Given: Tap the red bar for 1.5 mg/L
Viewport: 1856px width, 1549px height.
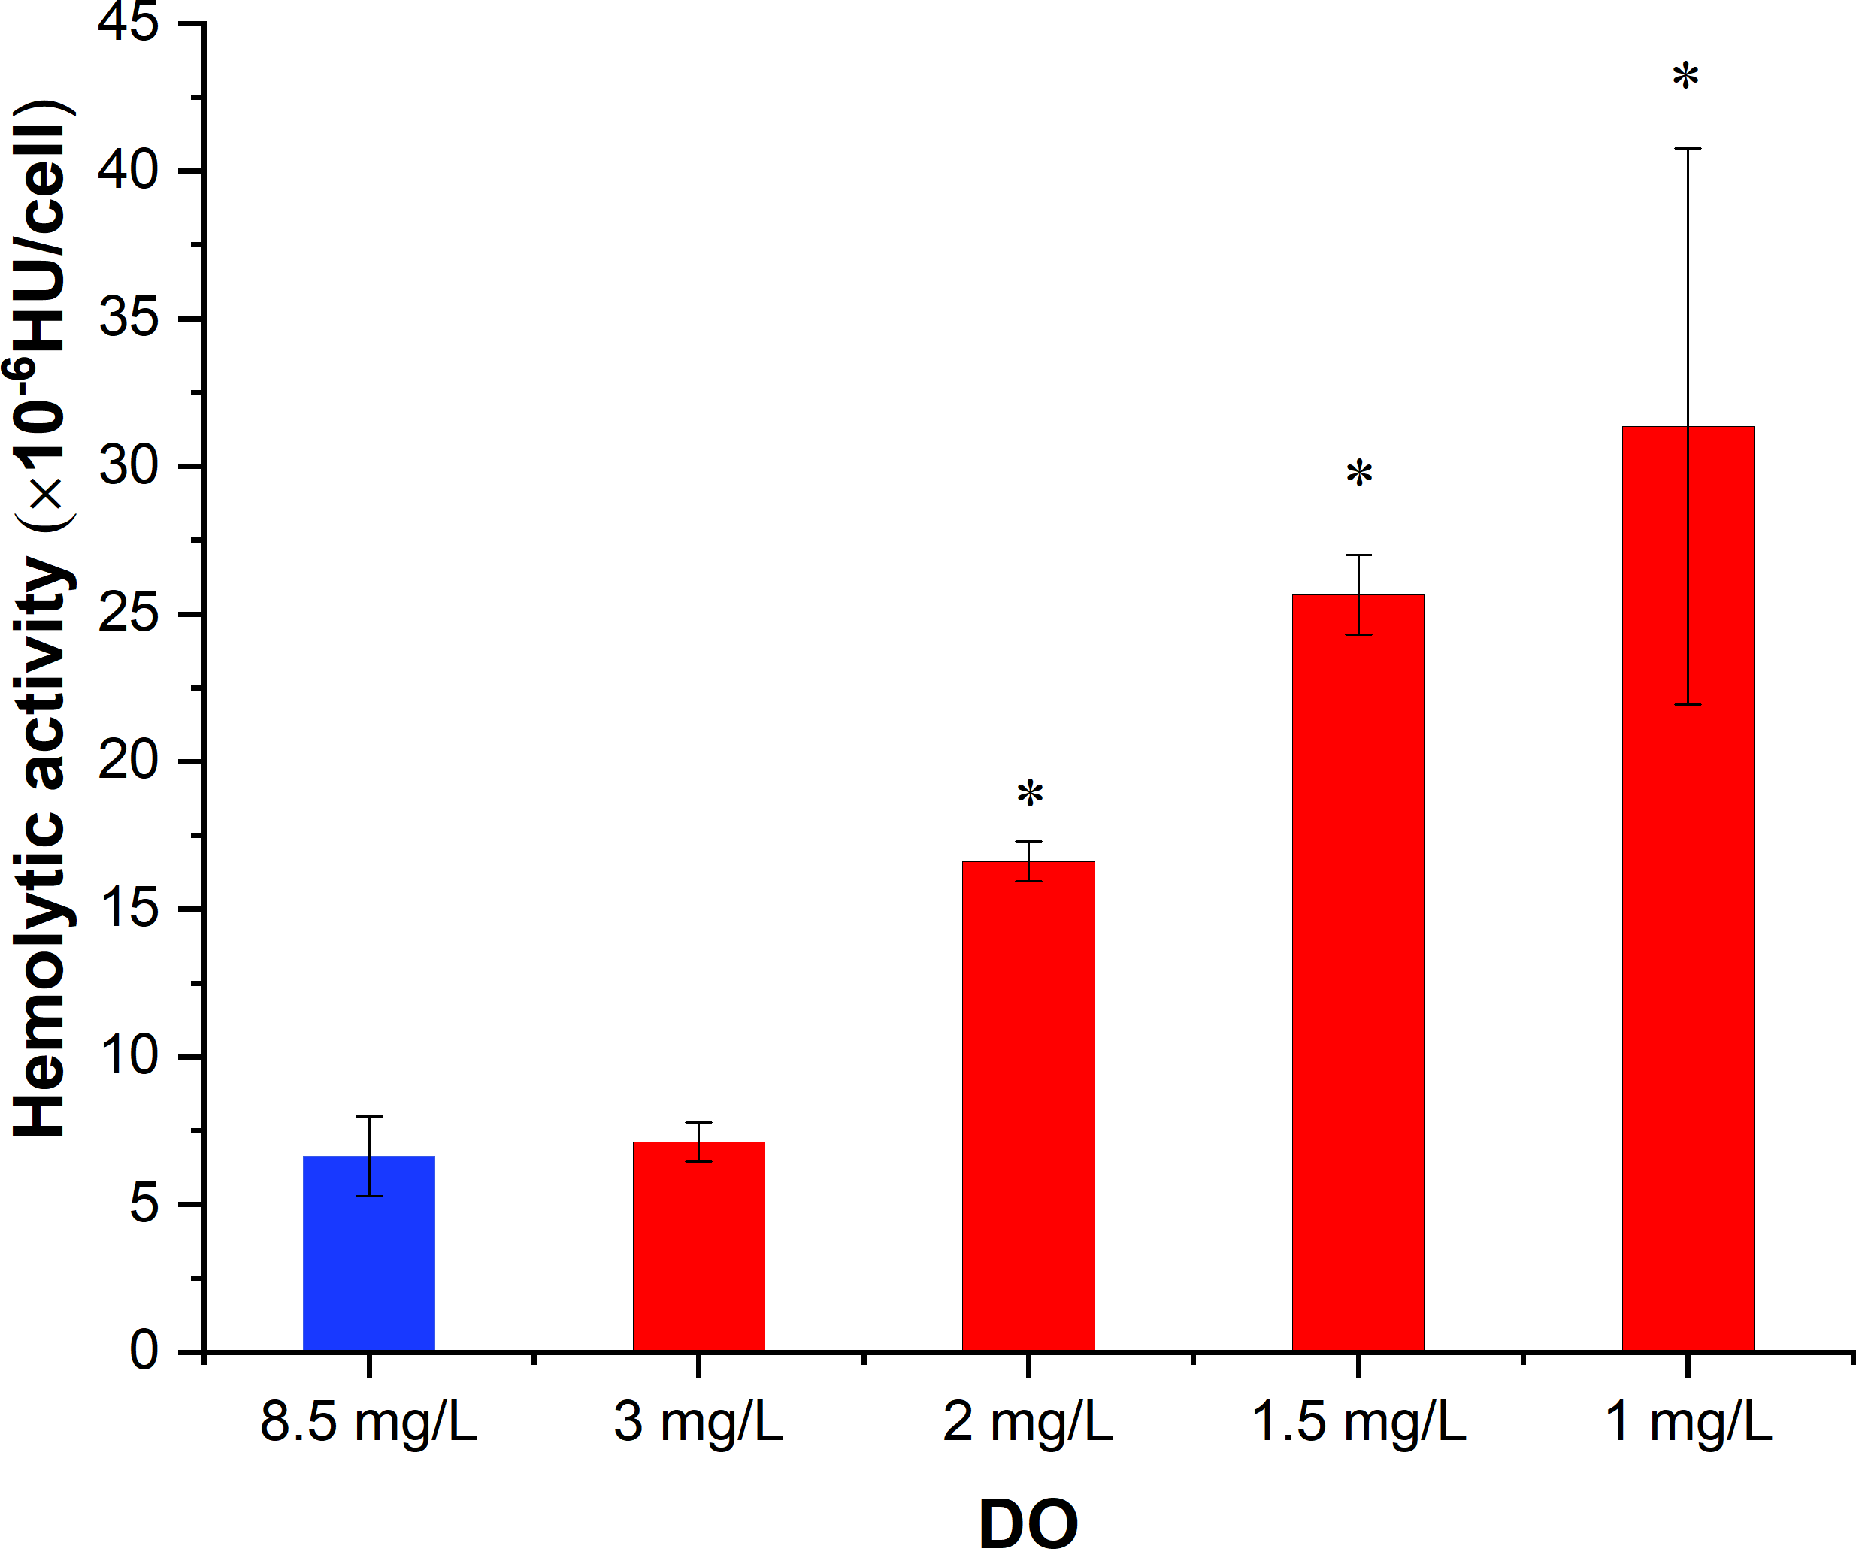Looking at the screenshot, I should [x=1358, y=972].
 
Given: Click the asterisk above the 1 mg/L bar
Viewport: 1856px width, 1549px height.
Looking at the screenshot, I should [x=1685, y=77].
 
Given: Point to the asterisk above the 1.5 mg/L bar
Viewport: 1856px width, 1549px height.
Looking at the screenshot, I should [x=1359, y=474].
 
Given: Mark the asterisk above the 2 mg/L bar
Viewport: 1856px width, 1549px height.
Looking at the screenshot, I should [x=1030, y=794].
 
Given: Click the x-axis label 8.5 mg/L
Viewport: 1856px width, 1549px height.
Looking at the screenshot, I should [x=368, y=1423].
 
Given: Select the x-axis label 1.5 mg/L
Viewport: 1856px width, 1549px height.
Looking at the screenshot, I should [x=1358, y=1423].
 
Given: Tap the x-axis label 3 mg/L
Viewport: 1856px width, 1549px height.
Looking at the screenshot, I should [x=698, y=1423].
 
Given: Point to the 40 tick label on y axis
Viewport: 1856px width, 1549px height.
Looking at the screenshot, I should [x=128, y=170].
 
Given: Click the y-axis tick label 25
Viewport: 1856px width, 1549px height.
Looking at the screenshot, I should [x=128, y=613].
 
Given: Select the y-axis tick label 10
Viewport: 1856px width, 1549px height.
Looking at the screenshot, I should [x=128, y=1056].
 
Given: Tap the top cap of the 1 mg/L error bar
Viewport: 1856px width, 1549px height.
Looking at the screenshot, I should [x=1687, y=149].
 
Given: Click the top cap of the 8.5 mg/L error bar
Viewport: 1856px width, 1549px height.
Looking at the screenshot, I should [x=368, y=1117].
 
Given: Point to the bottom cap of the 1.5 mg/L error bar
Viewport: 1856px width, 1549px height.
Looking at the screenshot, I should [x=1358, y=634].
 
